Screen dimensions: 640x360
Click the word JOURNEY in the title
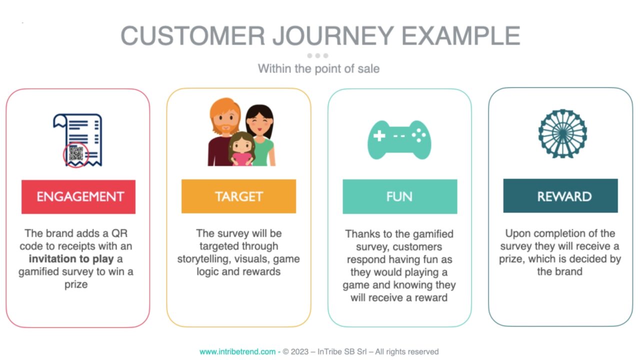coord(333,35)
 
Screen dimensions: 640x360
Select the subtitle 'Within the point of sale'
coord(319,69)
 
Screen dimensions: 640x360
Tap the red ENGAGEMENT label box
coord(78,197)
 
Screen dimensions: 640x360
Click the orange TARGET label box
coord(239,196)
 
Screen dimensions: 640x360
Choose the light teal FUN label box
coord(400,196)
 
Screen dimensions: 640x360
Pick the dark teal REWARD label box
coord(560,195)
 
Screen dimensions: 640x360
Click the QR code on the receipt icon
coord(76,153)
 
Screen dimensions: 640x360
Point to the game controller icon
coord(399,140)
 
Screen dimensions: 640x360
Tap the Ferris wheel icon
coord(562,133)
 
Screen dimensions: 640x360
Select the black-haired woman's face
coord(259,123)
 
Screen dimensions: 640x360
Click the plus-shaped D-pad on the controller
coord(379,135)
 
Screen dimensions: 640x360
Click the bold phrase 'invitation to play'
coord(71,259)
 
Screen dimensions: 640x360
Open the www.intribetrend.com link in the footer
coord(237,351)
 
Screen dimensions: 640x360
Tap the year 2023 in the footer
coord(299,351)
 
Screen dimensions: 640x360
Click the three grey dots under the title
coord(317,55)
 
